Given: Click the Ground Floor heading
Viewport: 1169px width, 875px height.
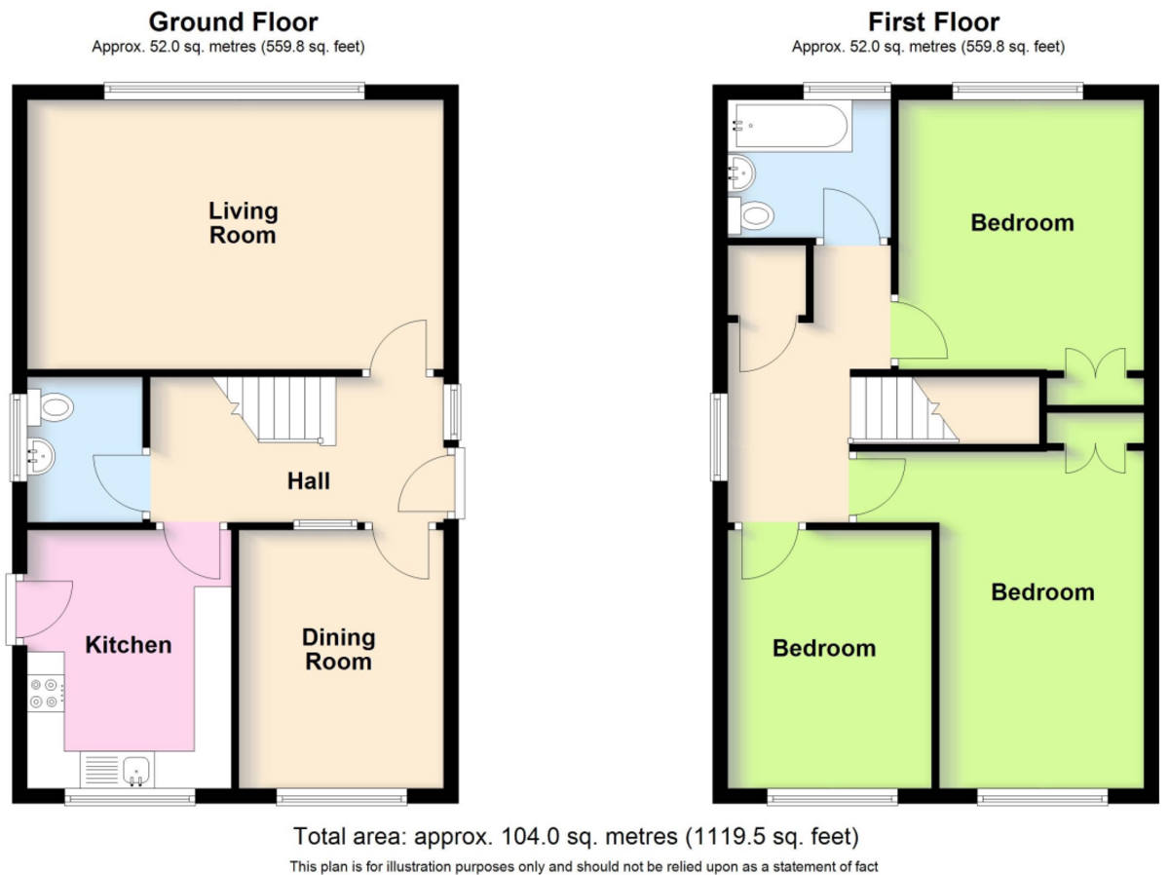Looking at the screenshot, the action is (x=233, y=22).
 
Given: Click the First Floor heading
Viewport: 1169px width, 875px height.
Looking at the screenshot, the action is (x=933, y=22).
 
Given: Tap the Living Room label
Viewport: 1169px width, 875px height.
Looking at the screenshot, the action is (x=243, y=223).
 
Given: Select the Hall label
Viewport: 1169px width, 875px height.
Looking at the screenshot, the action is (x=309, y=481).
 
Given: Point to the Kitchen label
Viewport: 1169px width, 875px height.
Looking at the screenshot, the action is (x=129, y=645).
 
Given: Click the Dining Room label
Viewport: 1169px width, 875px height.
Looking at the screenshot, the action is (x=339, y=649).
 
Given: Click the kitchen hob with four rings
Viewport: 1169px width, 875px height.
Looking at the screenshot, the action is (x=46, y=693).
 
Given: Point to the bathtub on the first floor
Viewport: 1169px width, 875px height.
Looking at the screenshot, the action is (x=791, y=126).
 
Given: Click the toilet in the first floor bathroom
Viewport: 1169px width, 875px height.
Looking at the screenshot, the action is (x=751, y=215).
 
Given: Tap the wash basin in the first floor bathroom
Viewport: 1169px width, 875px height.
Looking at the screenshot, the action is (x=741, y=172).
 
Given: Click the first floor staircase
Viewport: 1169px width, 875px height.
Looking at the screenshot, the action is (x=904, y=409).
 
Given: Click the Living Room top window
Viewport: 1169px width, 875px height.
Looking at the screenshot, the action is (x=235, y=91).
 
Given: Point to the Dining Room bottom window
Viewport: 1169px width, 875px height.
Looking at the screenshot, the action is (x=341, y=797).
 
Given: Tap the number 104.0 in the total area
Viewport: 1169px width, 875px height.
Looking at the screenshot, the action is (x=530, y=836).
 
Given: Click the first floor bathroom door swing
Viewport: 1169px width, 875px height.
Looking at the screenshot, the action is (x=852, y=215).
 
